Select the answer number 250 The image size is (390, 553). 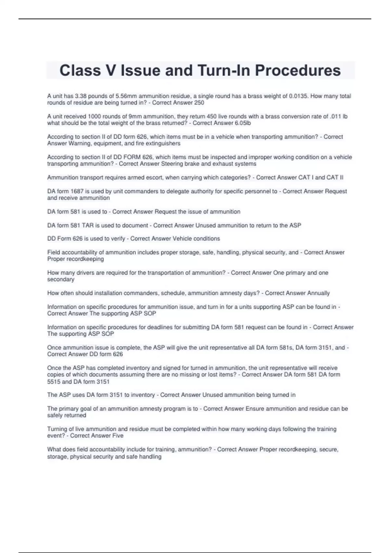click(x=199, y=103)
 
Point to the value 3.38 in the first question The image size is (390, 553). click(x=81, y=96)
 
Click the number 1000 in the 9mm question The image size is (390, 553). click(x=94, y=116)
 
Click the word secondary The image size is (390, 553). click(x=61, y=279)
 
